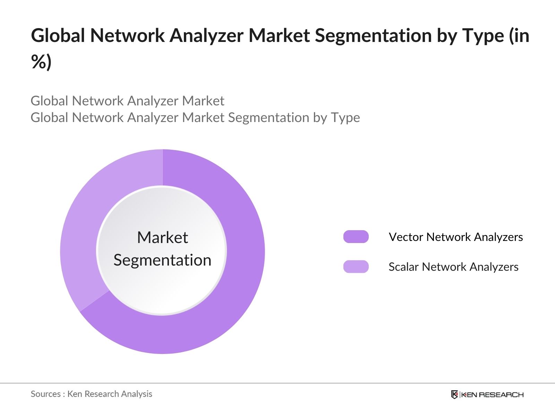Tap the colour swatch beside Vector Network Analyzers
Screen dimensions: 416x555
coord(356,237)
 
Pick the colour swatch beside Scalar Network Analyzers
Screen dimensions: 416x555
coord(356,267)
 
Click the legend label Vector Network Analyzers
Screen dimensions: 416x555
coord(455,237)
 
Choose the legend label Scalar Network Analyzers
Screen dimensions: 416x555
coord(453,267)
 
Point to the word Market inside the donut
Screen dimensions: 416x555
coord(162,238)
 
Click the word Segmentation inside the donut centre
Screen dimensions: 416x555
coord(162,260)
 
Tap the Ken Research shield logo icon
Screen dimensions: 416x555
coord(454,395)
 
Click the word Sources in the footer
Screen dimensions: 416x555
coord(46,394)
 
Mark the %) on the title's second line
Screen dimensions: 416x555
coord(41,62)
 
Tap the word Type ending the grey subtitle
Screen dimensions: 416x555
coord(345,118)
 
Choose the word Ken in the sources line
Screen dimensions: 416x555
coord(75,394)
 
